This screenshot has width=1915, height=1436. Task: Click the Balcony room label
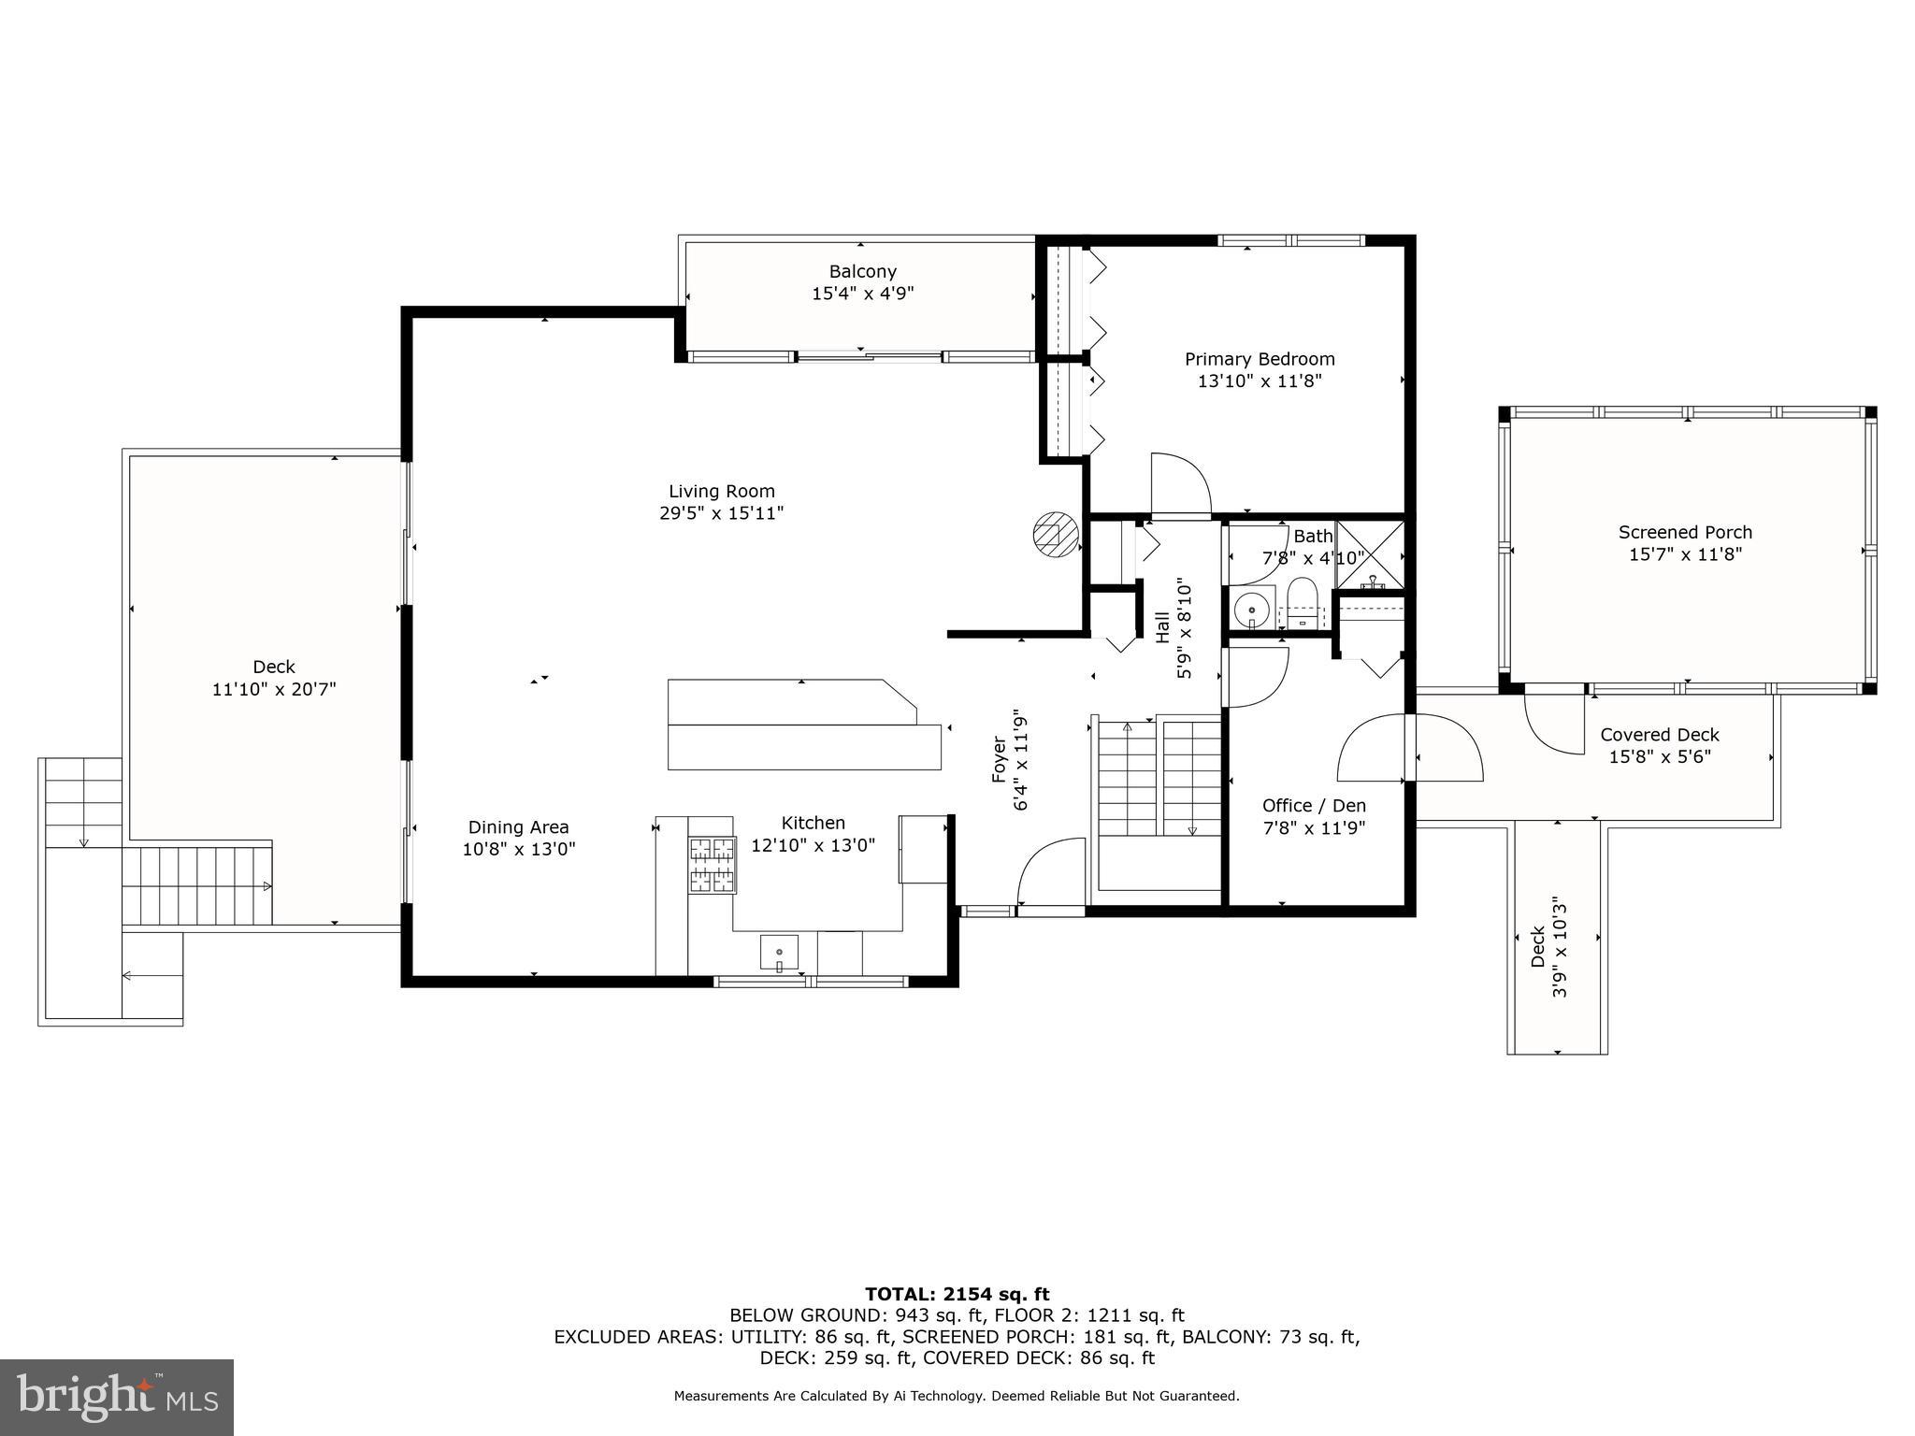(862, 272)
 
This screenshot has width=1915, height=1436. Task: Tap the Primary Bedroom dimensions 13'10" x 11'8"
(1260, 381)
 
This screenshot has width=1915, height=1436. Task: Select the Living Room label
(721, 491)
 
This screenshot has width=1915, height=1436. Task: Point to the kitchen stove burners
(712, 864)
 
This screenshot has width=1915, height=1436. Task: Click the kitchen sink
(778, 954)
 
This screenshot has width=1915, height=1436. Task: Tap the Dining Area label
(518, 827)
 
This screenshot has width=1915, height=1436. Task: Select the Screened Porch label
(1685, 532)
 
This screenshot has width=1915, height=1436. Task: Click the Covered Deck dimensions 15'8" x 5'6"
(1659, 757)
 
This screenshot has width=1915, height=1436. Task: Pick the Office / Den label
(1314, 806)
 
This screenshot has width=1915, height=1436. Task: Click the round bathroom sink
(1251, 610)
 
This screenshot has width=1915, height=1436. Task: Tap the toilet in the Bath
(1302, 603)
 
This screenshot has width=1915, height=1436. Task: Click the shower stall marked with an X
(1370, 556)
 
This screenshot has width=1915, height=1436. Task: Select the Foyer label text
(999, 759)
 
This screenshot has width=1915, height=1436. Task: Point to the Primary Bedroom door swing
(1180, 484)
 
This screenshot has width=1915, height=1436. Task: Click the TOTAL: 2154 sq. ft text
(957, 1294)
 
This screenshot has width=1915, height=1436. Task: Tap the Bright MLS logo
(116, 1397)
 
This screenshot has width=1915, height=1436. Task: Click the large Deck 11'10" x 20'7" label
(273, 678)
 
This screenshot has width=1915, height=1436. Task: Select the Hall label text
(1162, 627)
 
